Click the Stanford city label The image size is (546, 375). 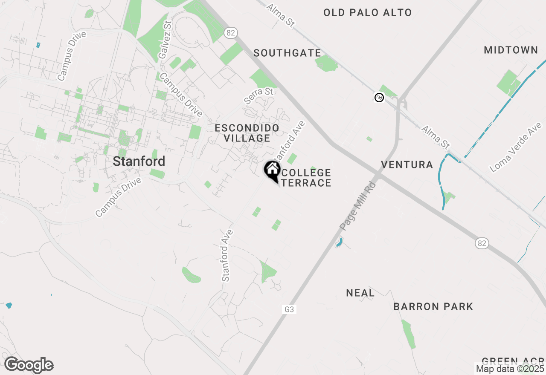pyautogui.click(x=139, y=162)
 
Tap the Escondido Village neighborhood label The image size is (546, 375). pyautogui.click(x=247, y=133)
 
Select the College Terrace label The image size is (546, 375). pyautogui.click(x=306, y=178)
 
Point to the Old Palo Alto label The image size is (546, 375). pyautogui.click(x=367, y=13)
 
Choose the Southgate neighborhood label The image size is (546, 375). pyautogui.click(x=287, y=53)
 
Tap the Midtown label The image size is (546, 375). pyautogui.click(x=511, y=50)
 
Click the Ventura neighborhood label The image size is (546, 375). pyautogui.click(x=407, y=165)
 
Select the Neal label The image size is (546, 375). pyautogui.click(x=360, y=293)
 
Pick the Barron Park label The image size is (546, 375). pyautogui.click(x=433, y=306)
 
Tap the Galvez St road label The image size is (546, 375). pyautogui.click(x=164, y=40)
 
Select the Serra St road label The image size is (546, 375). pyautogui.click(x=258, y=96)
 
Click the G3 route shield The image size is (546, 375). pyautogui.click(x=289, y=309)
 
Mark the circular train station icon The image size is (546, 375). pyautogui.click(x=379, y=98)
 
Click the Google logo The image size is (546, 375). pyautogui.click(x=29, y=365)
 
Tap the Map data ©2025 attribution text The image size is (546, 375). pyautogui.click(x=510, y=369)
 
